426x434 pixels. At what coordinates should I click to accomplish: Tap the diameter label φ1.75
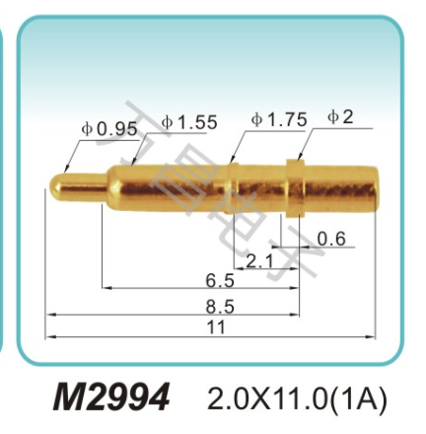pos(279,120)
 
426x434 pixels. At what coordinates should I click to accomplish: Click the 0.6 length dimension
pos(332,238)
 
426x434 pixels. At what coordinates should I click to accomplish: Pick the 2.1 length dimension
pos(259,260)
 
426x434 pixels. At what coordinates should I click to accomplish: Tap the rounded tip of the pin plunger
pos(55,183)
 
